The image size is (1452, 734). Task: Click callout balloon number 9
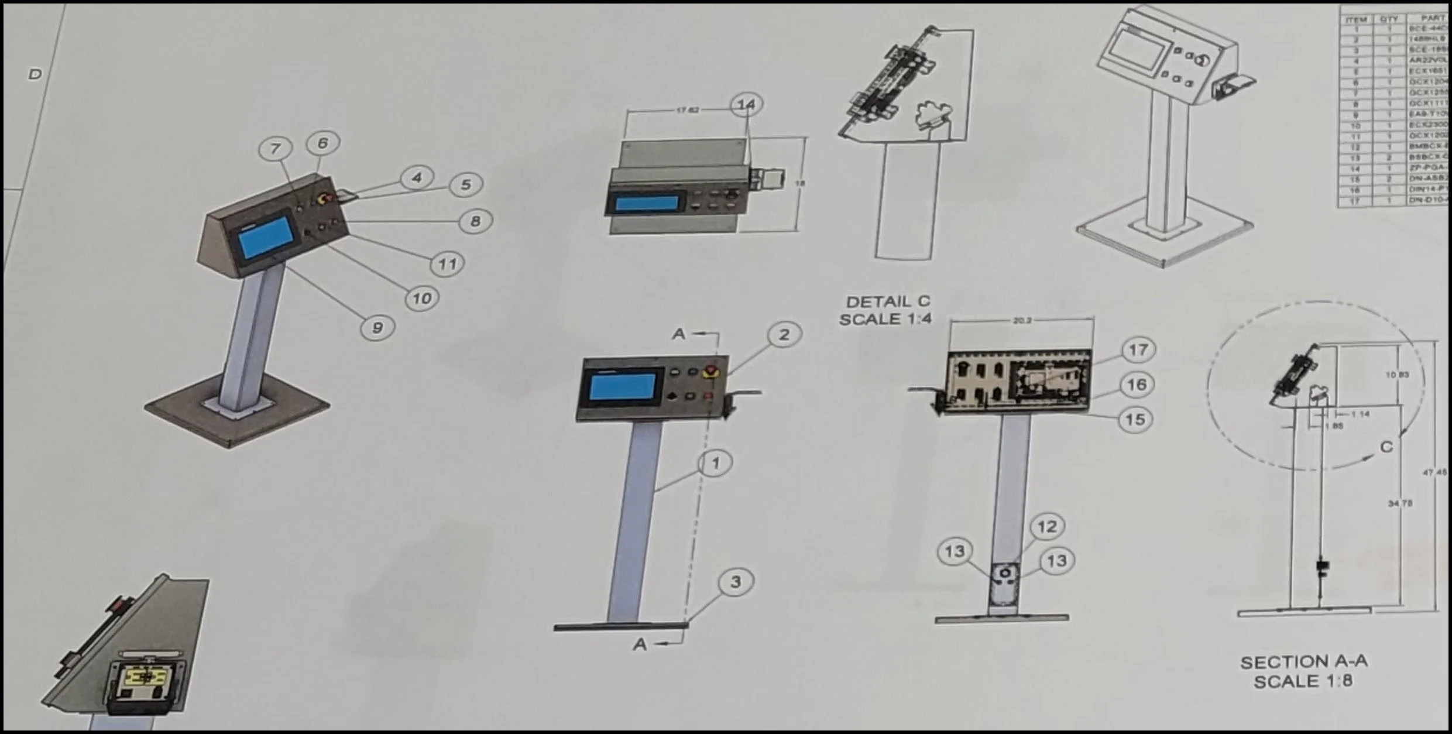[377, 328]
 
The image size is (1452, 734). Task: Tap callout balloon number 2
[784, 334]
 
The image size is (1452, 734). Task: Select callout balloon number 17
[1138, 350]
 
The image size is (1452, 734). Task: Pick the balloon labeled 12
[1047, 527]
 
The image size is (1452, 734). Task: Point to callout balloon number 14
[746, 104]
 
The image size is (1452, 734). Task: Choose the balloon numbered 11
[447, 264]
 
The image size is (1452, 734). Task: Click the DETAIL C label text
[888, 301]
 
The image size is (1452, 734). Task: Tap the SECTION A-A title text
[1304, 662]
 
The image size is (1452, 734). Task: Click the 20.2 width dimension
[1021, 321]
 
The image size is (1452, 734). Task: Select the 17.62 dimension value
[688, 110]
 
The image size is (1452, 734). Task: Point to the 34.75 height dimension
[1400, 503]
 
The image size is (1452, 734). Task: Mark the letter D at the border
[35, 74]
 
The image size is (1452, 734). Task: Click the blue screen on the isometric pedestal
[266, 238]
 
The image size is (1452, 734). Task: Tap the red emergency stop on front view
[711, 371]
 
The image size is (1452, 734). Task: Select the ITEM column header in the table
[1356, 20]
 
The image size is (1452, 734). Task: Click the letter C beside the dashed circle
[1386, 447]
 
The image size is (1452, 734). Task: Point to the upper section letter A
[678, 334]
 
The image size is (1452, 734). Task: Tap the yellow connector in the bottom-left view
[146, 678]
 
